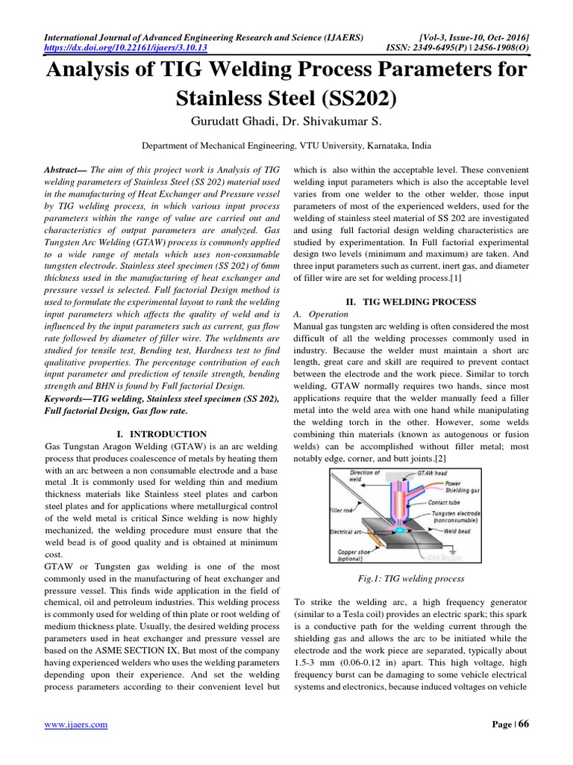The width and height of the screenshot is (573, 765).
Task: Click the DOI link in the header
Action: [126, 47]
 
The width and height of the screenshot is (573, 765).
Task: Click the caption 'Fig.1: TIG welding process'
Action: [410, 578]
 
